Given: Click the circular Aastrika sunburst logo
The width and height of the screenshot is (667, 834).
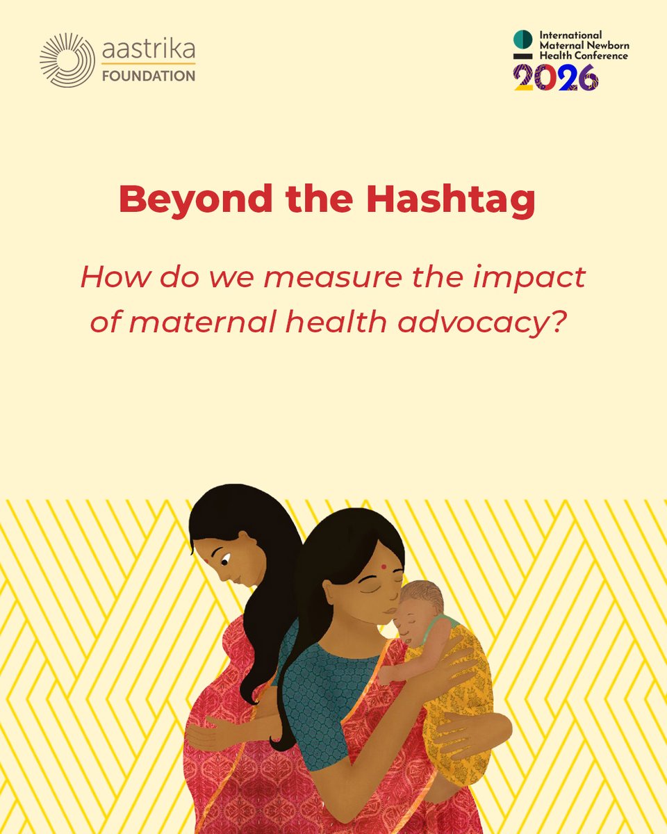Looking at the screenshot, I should (67, 60).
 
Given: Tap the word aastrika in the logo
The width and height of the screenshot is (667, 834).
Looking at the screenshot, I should (149, 49).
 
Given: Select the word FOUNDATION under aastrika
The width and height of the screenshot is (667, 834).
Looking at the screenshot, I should (149, 76).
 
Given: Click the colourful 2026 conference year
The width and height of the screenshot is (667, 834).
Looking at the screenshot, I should (556, 77).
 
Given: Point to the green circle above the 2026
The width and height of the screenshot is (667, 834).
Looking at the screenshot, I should (522, 39).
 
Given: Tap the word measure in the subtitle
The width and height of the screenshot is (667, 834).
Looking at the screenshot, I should (309, 278).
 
